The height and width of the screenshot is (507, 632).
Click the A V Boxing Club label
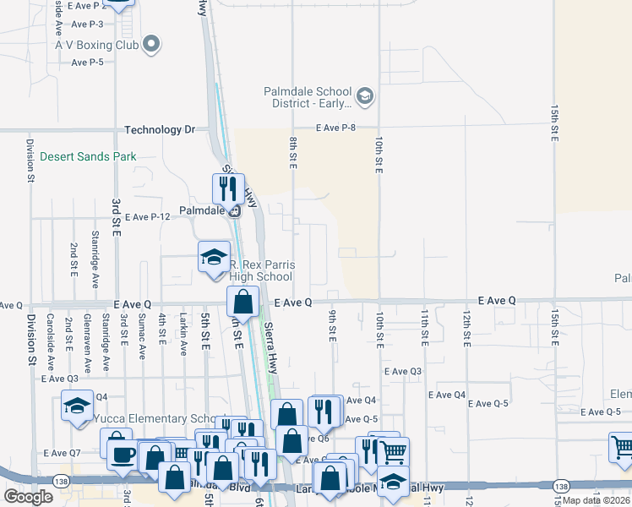(95, 44)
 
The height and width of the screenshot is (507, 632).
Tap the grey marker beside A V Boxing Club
(152, 44)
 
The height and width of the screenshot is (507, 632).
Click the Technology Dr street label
(160, 130)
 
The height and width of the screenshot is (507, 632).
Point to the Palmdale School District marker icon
(365, 96)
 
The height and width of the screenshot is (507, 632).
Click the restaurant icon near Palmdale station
(227, 188)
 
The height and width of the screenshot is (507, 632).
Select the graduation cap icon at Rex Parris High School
(214, 256)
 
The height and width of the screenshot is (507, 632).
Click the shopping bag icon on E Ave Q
(242, 302)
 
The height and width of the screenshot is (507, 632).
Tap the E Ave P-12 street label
(149, 217)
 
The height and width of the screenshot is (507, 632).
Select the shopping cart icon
(392, 451)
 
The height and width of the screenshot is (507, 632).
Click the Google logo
(28, 497)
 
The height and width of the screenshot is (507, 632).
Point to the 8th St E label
(292, 152)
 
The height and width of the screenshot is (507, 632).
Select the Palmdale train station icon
(234, 211)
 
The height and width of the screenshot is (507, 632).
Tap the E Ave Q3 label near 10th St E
(402, 371)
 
